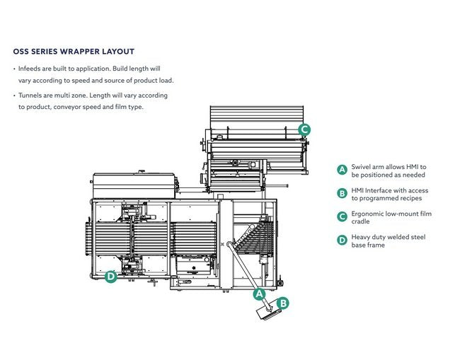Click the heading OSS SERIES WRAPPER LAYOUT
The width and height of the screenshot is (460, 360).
[74, 52]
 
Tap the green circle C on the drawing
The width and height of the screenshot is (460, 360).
[304, 129]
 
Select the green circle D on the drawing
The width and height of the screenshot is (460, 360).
[110, 277]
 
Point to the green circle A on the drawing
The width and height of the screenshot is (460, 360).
[259, 293]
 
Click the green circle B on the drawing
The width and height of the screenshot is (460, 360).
[282, 303]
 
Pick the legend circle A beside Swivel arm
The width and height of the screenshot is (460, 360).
[342, 170]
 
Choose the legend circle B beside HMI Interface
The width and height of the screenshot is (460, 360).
[342, 193]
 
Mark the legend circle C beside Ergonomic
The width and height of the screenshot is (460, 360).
[342, 216]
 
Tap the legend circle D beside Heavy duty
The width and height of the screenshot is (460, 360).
[342, 240]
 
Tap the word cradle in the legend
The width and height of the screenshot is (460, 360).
[361, 222]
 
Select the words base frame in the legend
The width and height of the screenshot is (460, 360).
[368, 245]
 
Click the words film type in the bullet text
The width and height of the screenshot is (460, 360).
[130, 107]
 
